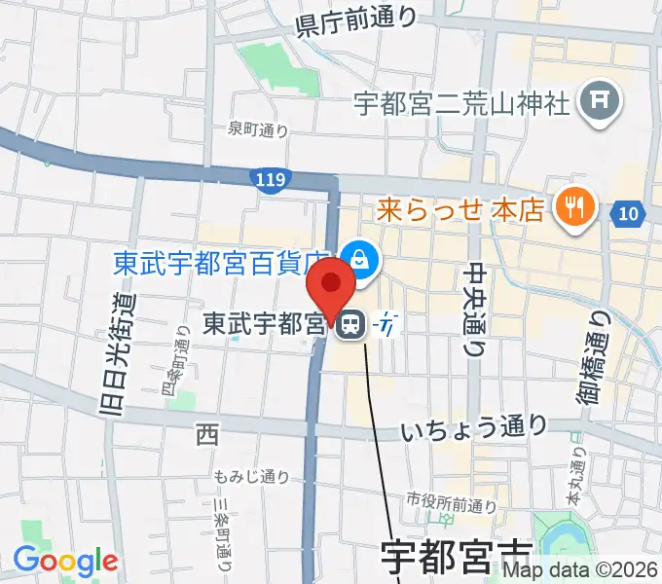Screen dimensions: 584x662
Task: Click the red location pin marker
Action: (x=331, y=288)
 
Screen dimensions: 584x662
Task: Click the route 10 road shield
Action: (x=628, y=211)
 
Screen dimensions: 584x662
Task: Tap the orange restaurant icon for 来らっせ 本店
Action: (x=570, y=205)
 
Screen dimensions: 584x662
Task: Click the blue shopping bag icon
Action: (x=360, y=259)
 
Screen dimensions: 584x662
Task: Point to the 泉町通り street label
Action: (x=258, y=128)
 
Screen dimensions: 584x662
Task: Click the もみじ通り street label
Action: (x=252, y=476)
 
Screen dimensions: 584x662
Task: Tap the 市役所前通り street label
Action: (x=452, y=504)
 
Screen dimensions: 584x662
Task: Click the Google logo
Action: (x=65, y=561)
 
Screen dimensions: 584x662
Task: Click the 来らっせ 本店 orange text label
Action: (x=460, y=208)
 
